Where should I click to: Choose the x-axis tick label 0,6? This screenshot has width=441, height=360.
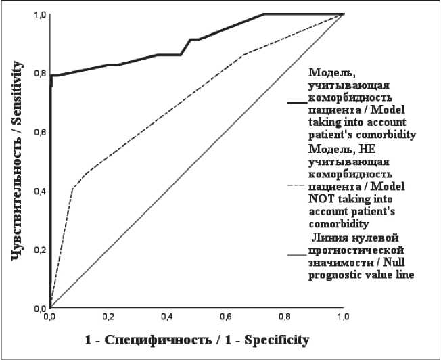click(x=226, y=317)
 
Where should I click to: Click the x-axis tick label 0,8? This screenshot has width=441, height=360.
click(x=285, y=317)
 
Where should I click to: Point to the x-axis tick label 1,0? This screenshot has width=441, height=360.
click(x=343, y=317)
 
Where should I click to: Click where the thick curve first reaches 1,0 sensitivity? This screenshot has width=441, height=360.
click(x=264, y=14)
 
